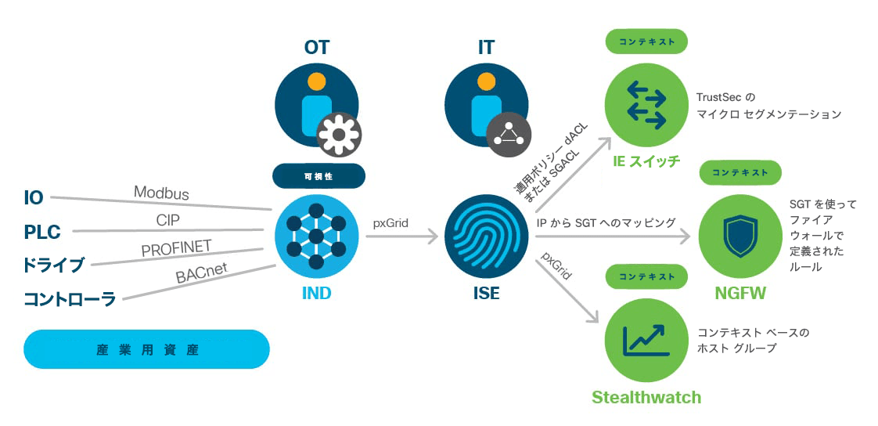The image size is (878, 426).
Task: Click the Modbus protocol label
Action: click(x=161, y=193)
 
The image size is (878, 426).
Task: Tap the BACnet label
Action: click(x=202, y=273)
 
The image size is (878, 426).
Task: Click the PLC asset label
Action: click(x=42, y=232)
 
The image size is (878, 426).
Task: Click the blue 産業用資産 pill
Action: click(x=146, y=349)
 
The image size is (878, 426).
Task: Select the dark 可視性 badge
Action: click(x=318, y=176)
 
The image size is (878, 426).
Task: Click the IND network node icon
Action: click(x=317, y=236)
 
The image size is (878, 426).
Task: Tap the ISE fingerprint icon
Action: click(x=485, y=236)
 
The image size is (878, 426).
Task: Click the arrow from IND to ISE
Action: click(x=401, y=237)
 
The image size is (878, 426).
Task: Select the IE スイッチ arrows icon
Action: click(x=646, y=103)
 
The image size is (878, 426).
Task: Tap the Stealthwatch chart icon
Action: click(x=646, y=340)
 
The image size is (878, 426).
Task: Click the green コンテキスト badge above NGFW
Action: click(x=741, y=173)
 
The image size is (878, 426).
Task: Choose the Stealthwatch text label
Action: click(x=646, y=397)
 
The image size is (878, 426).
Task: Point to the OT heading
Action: click(x=317, y=47)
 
